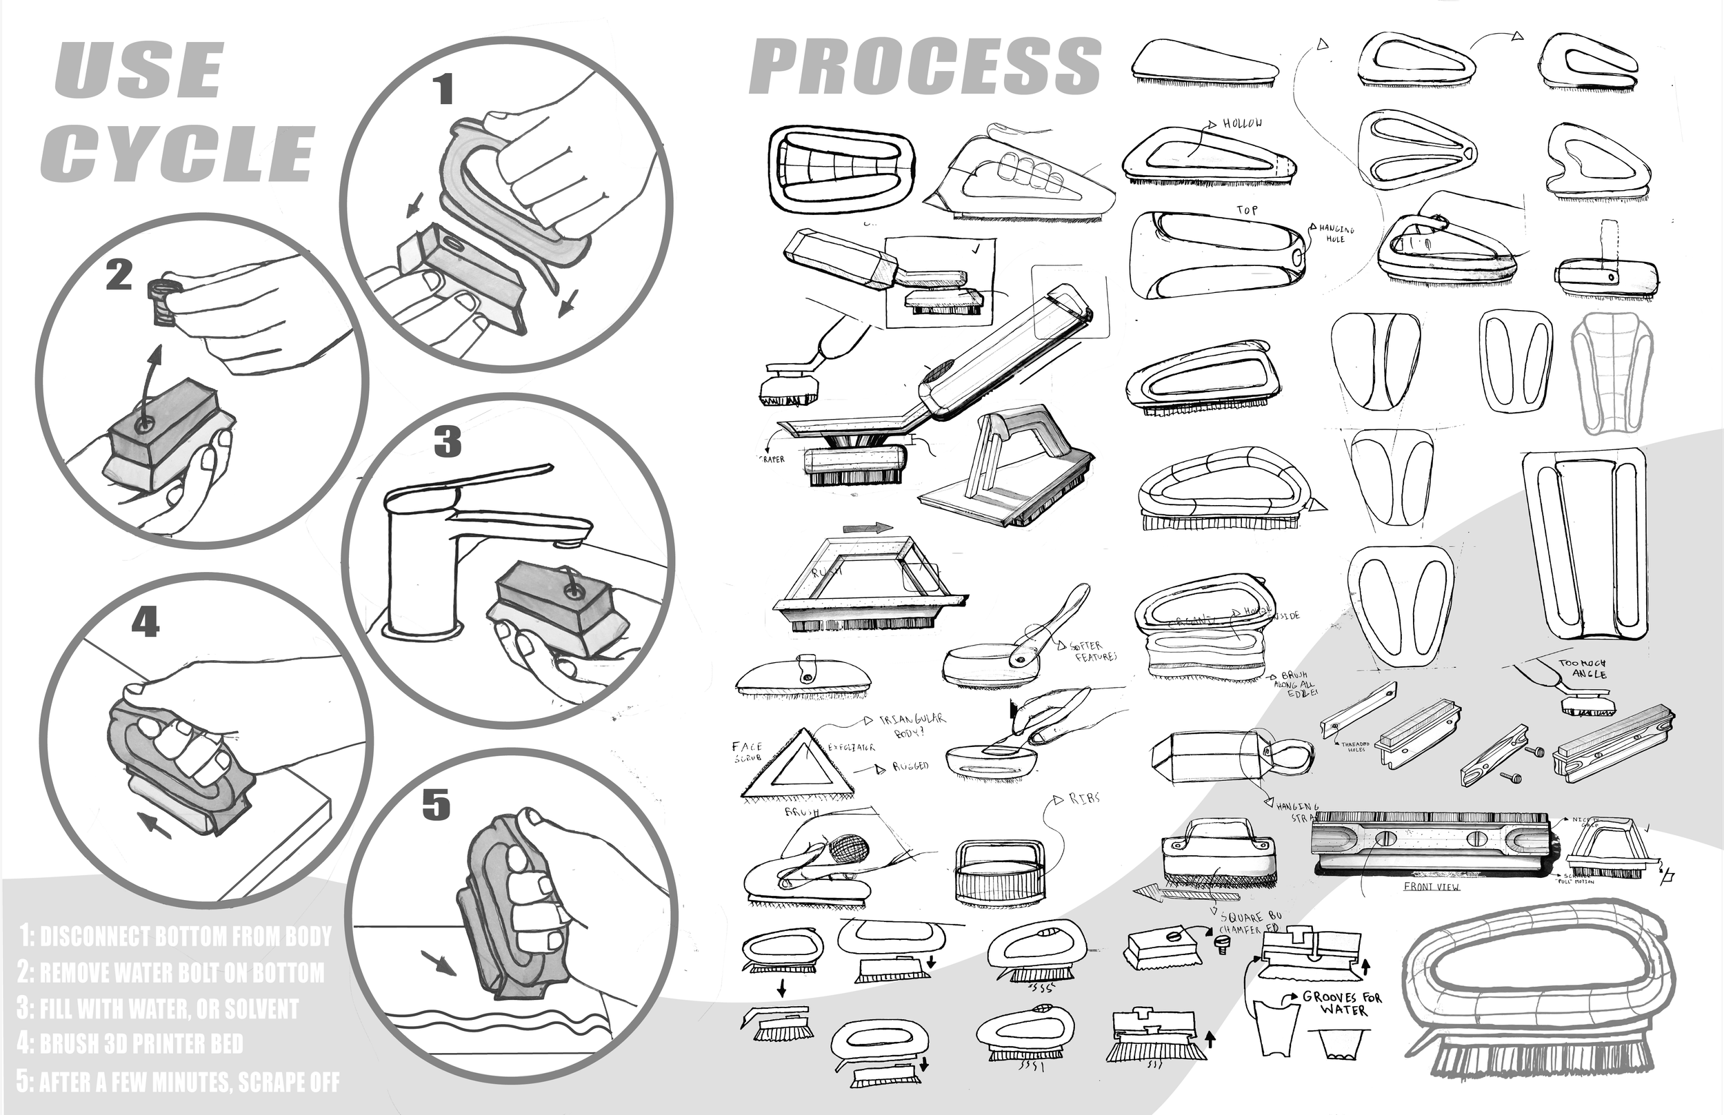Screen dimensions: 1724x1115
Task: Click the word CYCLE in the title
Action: pos(177,153)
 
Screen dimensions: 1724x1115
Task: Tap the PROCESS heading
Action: pos(925,67)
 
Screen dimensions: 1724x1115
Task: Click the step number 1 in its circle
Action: pos(443,90)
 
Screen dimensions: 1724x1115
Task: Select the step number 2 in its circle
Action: pos(119,276)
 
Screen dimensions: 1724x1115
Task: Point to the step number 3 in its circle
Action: pos(447,442)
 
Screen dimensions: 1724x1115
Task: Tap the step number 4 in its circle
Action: pos(145,622)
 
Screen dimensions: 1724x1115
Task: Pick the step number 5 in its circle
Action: pos(436,804)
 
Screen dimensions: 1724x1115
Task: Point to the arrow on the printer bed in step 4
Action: pos(154,824)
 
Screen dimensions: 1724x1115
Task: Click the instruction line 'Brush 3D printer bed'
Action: pos(130,1044)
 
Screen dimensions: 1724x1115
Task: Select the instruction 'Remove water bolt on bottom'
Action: pos(171,972)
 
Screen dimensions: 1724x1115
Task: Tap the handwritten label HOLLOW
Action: pos(1242,124)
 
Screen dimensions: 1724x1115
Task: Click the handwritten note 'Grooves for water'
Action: pos(1341,1003)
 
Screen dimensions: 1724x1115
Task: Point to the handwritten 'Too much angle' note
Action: pos(1582,668)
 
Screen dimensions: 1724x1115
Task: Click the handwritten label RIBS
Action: pos(1084,798)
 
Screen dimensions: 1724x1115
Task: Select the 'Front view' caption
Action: pos(1432,886)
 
